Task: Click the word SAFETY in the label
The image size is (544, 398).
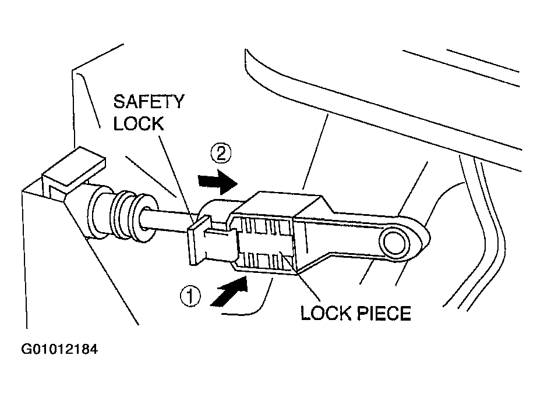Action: (149, 101)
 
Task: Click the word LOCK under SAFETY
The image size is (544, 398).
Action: (139, 123)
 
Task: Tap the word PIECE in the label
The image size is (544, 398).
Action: (384, 314)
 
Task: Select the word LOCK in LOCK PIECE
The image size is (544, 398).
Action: (326, 314)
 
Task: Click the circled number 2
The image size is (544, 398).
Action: (221, 153)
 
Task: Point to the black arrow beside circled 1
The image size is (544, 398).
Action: (229, 291)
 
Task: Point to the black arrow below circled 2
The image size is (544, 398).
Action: (217, 182)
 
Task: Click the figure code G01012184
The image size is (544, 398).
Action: (59, 349)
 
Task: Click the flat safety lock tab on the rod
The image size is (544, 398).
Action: (199, 240)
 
